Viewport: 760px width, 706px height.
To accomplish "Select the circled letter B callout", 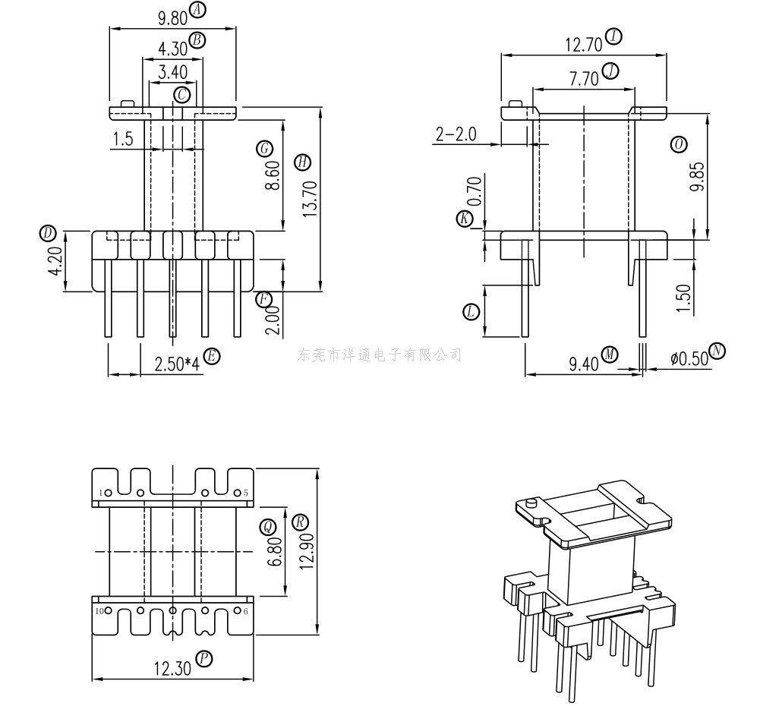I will (x=197, y=39).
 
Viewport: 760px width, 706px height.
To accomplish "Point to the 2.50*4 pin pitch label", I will (x=177, y=364).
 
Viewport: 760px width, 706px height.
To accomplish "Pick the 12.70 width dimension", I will (x=582, y=44).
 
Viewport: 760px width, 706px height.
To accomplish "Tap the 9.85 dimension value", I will (x=696, y=177).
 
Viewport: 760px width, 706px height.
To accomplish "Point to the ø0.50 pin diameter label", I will (x=689, y=358).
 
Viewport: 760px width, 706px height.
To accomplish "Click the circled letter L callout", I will (x=471, y=311).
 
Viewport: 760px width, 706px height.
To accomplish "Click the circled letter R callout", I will (x=301, y=522).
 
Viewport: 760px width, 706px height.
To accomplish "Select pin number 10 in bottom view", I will (x=99, y=611).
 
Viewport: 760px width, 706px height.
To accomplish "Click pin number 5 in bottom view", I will (x=246, y=493).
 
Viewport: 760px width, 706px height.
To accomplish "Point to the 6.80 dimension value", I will (x=275, y=550).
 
